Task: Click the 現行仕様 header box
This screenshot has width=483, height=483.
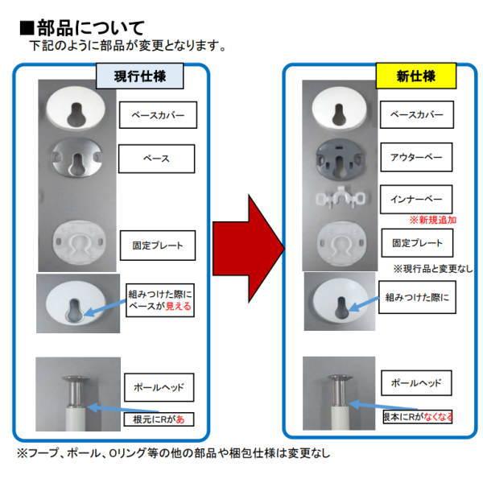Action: (140, 76)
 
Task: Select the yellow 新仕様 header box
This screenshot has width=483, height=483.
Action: (415, 76)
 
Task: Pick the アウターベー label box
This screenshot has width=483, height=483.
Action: (416, 156)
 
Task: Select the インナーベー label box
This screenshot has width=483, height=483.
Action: (416, 199)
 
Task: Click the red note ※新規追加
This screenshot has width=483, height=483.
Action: (432, 220)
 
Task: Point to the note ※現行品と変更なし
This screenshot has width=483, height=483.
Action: (432, 267)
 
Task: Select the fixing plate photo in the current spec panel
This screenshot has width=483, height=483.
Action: (77, 242)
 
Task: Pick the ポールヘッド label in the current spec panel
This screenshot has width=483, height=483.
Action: (157, 388)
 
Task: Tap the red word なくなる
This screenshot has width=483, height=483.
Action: (439, 416)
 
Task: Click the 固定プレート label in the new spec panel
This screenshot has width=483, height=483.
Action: (416, 242)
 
